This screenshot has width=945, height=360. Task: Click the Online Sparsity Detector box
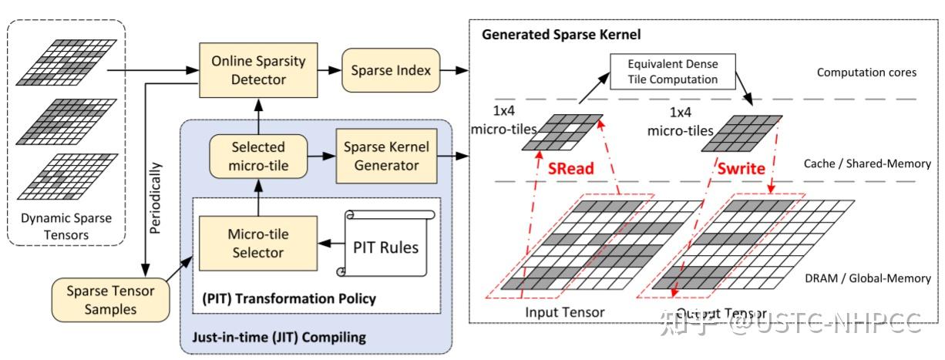click(x=248, y=69)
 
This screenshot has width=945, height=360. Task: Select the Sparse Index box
click(x=391, y=70)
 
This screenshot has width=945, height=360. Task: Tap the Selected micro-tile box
click(x=257, y=155)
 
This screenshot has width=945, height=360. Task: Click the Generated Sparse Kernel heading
click(x=561, y=34)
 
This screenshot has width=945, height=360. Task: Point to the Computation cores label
click(x=867, y=72)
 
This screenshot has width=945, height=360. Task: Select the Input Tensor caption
click(x=564, y=312)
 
